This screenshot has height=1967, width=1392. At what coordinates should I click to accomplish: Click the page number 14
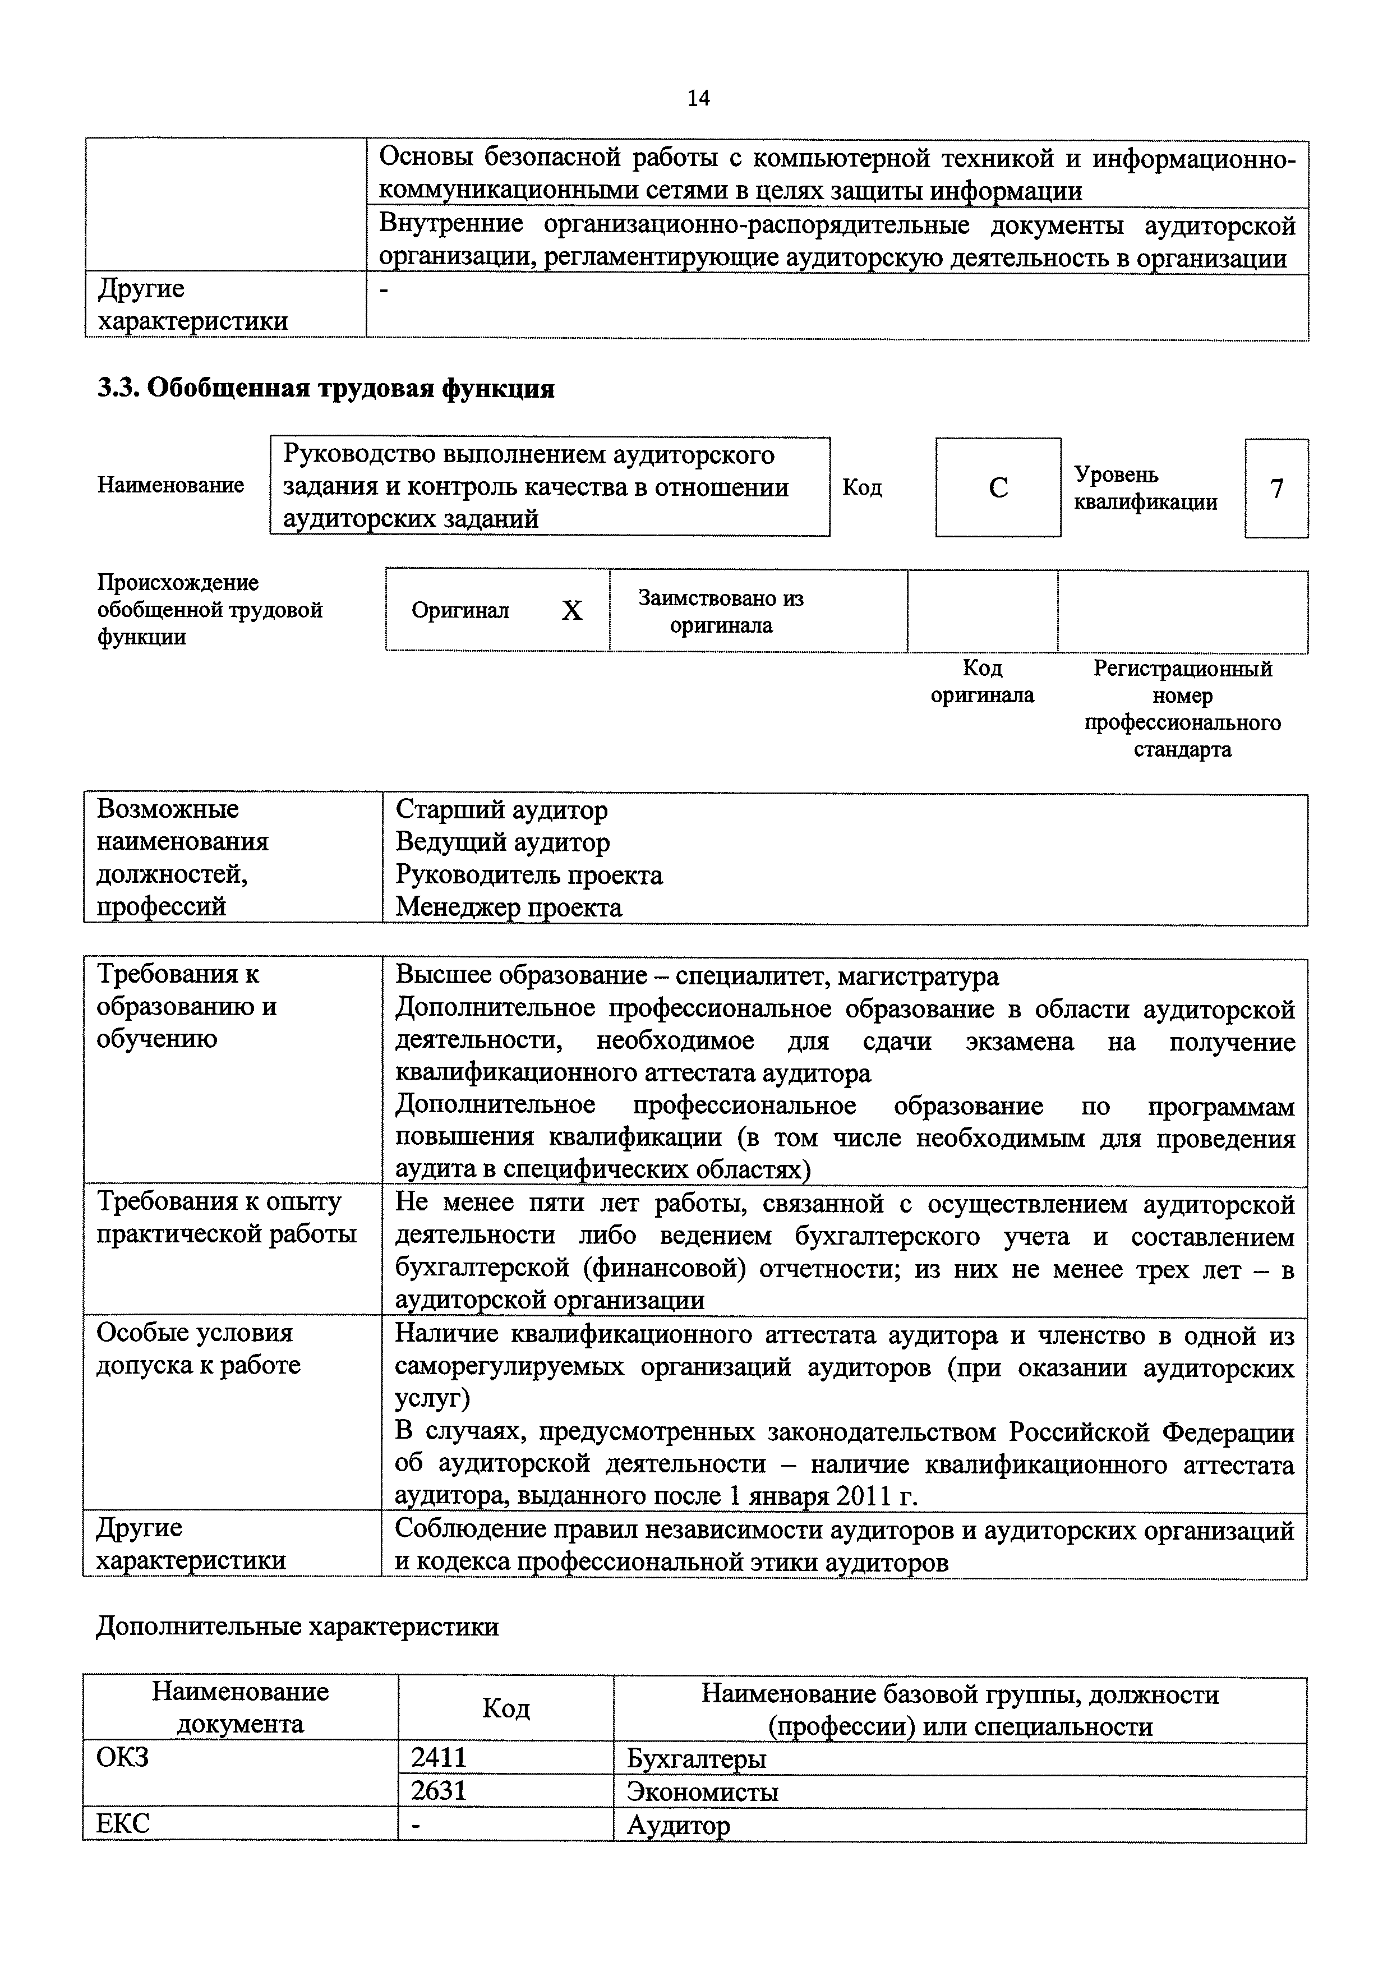(698, 99)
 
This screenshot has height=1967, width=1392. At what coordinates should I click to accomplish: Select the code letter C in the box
(998, 487)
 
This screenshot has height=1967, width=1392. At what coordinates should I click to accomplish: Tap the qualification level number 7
(1276, 489)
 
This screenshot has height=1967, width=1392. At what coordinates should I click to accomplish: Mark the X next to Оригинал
(571, 610)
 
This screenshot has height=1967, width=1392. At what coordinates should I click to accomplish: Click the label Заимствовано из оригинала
(721, 611)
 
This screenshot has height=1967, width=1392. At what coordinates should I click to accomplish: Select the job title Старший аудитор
(501, 809)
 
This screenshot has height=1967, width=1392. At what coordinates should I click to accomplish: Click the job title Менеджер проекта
(508, 907)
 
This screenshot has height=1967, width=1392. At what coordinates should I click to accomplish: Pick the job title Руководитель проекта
(529, 874)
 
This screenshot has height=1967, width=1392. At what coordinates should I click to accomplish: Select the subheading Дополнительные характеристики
(297, 1626)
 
